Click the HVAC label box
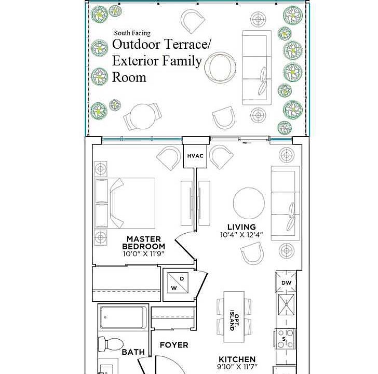[195, 156]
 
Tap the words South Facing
[132, 33]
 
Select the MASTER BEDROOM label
[144, 243]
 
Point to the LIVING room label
[241, 227]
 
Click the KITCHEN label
[237, 359]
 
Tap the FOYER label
[174, 345]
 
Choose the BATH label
[133, 352]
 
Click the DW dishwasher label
[287, 283]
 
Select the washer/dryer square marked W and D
[178, 283]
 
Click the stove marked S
[286, 339]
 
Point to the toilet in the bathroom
[111, 344]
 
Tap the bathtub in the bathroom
[123, 317]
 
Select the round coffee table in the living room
[249, 203]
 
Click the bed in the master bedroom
[125, 203]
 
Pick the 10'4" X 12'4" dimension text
[241, 235]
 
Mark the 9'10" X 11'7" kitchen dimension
[237, 367]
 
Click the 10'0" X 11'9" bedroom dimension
[143, 254]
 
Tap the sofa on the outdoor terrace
[257, 68]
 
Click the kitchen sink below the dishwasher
[286, 304]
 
